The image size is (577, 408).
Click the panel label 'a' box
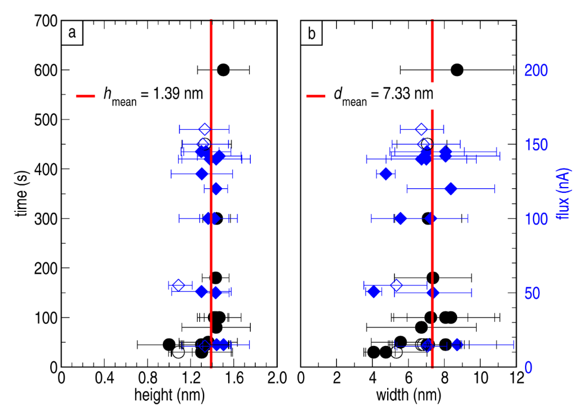coord(72,33)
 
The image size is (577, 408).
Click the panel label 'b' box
coord(312,33)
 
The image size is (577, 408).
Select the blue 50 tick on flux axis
coord(532,293)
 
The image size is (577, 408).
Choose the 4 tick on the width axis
coord(372,378)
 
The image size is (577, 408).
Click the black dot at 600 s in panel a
coord(223,70)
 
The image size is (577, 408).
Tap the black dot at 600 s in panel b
coord(457,70)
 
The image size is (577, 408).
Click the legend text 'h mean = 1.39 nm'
coord(152,95)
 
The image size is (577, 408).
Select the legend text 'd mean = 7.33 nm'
coord(383,95)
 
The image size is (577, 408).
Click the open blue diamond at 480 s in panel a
coord(205,129)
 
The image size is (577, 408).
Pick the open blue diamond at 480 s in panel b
coord(421,129)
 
